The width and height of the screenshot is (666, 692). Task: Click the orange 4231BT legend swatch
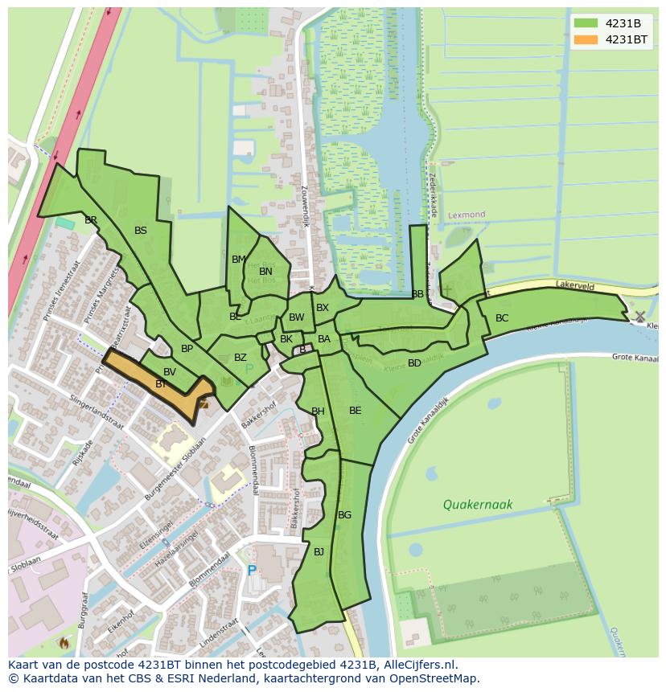pyautogui.click(x=586, y=39)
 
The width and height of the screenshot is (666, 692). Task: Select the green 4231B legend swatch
pyautogui.click(x=586, y=23)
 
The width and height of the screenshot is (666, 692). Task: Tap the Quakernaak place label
pyautogui.click(x=477, y=505)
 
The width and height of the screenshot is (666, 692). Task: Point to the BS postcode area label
pyautogui.click(x=141, y=231)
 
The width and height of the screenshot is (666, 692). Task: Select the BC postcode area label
pyautogui.click(x=502, y=318)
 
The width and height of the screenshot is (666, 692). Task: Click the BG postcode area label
pyautogui.click(x=344, y=515)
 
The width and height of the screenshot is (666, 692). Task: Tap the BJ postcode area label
pyautogui.click(x=319, y=551)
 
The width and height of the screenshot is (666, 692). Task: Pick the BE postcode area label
pyautogui.click(x=355, y=411)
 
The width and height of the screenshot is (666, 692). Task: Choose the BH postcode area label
pyautogui.click(x=318, y=412)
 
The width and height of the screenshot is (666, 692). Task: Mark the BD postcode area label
pyautogui.click(x=414, y=363)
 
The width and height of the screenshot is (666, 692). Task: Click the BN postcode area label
pyautogui.click(x=265, y=272)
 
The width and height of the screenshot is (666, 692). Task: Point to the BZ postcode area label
pyautogui.click(x=240, y=358)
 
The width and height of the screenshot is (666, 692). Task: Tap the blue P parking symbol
pyautogui.click(x=252, y=571)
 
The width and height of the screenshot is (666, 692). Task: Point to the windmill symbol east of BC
pyautogui.click(x=639, y=317)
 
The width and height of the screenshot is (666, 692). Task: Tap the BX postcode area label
pyautogui.click(x=323, y=308)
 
